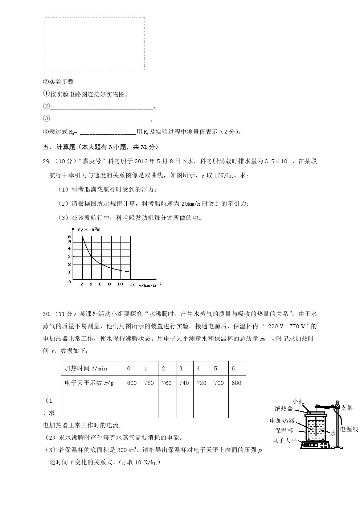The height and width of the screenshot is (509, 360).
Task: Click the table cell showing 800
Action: click(x=132, y=383)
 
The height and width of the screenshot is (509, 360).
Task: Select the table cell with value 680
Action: click(x=236, y=383)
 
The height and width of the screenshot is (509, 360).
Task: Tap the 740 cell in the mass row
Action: click(x=184, y=383)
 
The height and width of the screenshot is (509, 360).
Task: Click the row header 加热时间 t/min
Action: click(x=86, y=368)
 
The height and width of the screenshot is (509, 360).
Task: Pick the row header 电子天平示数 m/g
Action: click(x=89, y=383)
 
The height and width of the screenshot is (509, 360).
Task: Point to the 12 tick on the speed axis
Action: click(x=132, y=284)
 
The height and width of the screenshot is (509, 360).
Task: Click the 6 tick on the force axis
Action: click(x=70, y=237)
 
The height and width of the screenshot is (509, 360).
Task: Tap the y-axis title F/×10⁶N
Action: click(x=89, y=229)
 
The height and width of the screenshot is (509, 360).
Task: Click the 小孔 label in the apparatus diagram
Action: click(x=298, y=401)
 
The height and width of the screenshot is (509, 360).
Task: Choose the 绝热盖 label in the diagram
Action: click(x=283, y=409)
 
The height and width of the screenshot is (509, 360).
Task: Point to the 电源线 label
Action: click(x=349, y=429)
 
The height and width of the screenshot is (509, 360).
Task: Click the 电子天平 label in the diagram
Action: click(x=285, y=440)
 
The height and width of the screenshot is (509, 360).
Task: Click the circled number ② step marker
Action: click(x=46, y=106)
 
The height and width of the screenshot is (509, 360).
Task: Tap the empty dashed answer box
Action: click(x=94, y=44)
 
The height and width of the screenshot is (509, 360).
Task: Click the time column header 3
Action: click(x=181, y=368)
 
